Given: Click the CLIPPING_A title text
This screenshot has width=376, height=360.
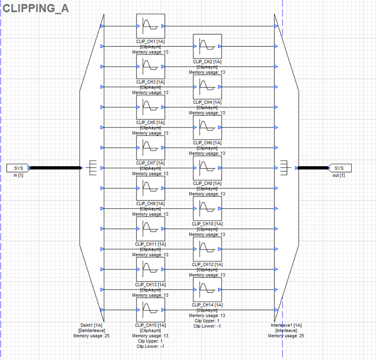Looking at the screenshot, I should click(36, 8).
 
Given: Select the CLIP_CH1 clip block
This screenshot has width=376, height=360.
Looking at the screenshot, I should click(151, 26).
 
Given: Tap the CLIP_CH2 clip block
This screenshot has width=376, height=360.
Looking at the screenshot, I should click(207, 46).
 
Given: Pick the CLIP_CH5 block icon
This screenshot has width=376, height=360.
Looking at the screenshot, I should click(151, 107).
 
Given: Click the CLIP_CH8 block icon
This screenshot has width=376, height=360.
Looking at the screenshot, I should click(207, 168).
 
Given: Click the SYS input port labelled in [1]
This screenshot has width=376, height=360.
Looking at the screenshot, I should click(18, 168).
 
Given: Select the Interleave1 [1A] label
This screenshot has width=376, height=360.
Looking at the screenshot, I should click(286, 325).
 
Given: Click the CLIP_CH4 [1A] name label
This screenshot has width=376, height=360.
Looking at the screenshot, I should click(207, 102).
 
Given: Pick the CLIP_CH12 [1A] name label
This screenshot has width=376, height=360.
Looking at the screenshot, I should click(207, 264).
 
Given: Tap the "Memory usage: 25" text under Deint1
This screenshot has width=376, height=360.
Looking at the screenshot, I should click(91, 336).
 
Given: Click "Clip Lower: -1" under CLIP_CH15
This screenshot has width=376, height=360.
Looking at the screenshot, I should click(151, 346).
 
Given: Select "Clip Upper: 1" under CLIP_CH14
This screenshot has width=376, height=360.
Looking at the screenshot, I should click(207, 321).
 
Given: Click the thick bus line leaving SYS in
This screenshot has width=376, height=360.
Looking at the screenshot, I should click(55, 168).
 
